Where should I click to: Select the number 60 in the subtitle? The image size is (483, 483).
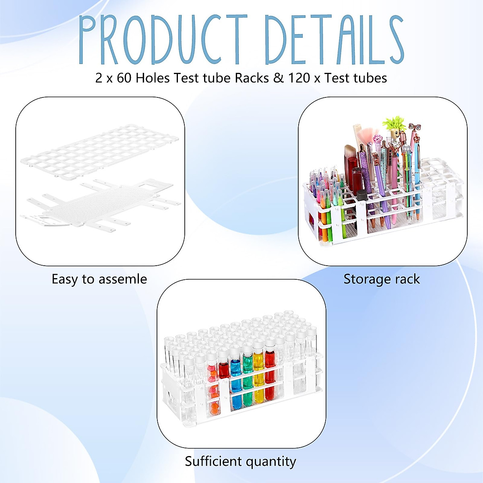click(124, 78)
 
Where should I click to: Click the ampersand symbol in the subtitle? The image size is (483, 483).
click(278, 78)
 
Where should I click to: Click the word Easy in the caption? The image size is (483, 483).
click(65, 279)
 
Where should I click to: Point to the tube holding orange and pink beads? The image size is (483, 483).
click(213, 386)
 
